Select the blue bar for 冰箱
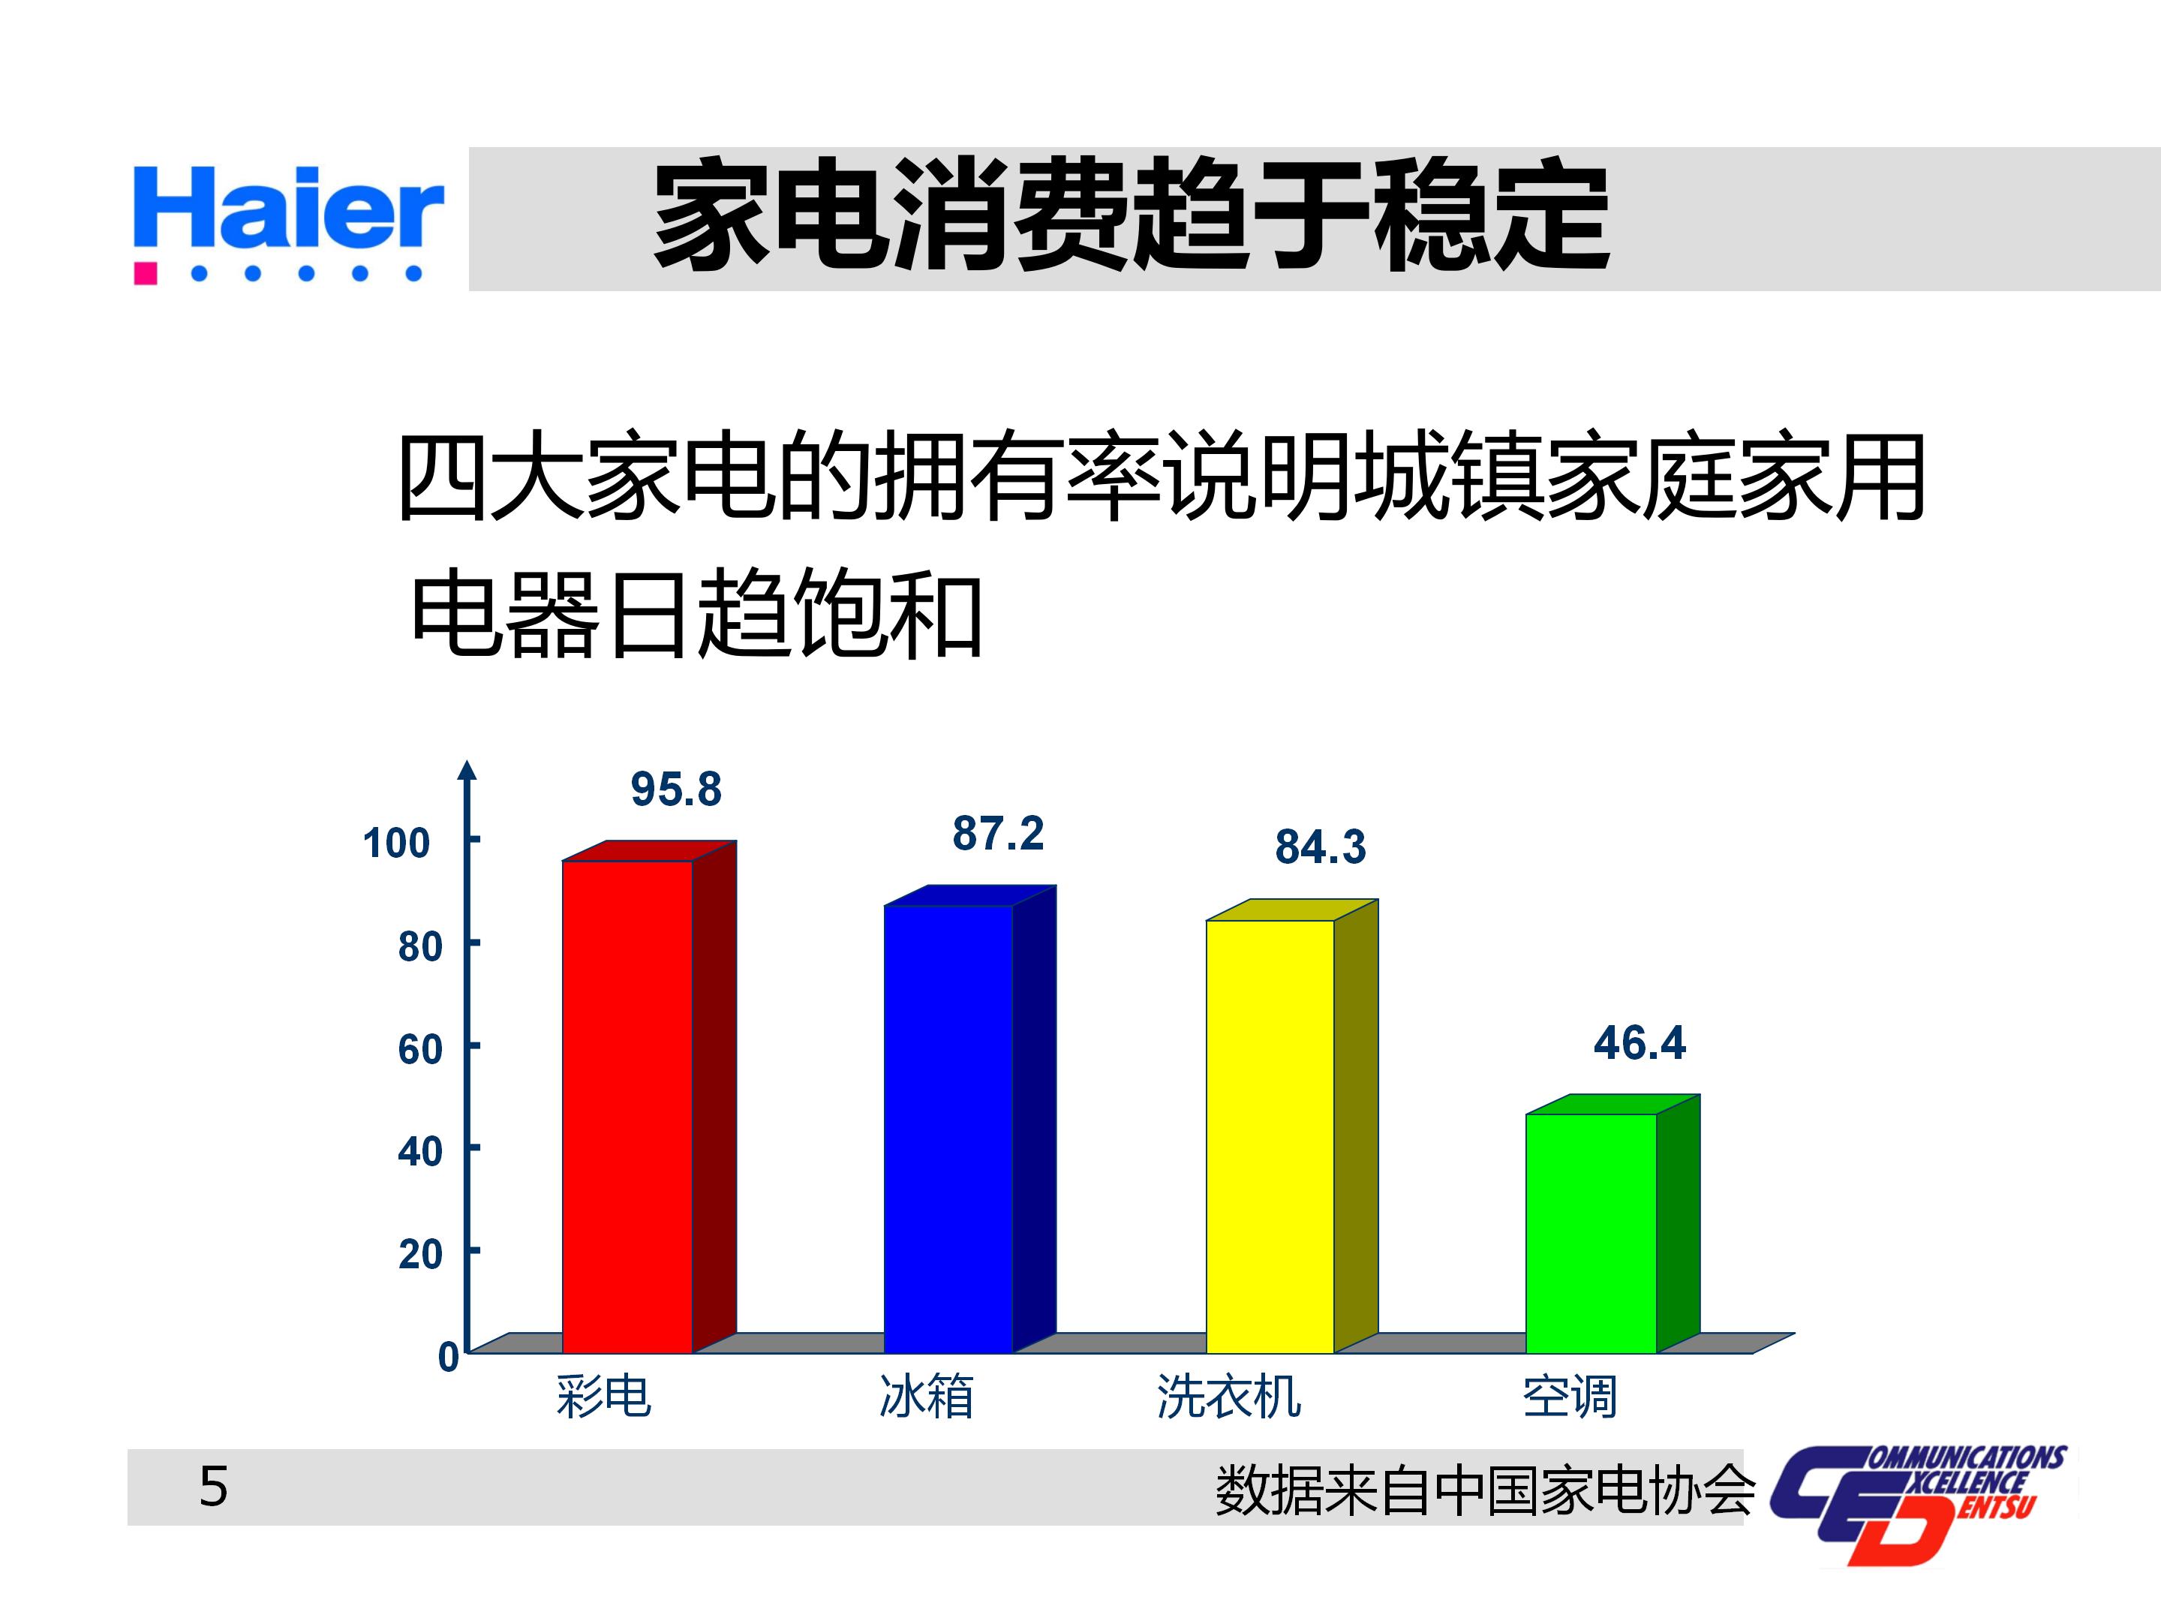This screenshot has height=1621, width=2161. click(x=948, y=1129)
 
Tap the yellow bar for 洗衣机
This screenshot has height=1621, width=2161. click(x=1270, y=1135)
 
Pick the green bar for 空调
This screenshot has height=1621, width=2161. click(x=1591, y=1233)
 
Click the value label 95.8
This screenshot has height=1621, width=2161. click(x=676, y=789)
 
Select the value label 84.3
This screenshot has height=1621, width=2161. click(x=1321, y=848)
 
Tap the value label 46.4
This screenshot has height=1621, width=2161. click(x=1640, y=1044)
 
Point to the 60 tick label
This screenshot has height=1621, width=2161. click(x=420, y=1049)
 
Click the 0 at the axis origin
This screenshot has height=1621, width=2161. click(x=449, y=1357)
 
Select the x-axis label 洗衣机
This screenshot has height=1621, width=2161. click(x=1229, y=1397)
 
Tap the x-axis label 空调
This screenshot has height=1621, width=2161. click(x=1570, y=1397)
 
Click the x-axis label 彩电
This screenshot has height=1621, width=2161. click(x=604, y=1397)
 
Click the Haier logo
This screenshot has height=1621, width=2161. click(x=288, y=223)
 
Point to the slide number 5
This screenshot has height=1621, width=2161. click(x=213, y=1487)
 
